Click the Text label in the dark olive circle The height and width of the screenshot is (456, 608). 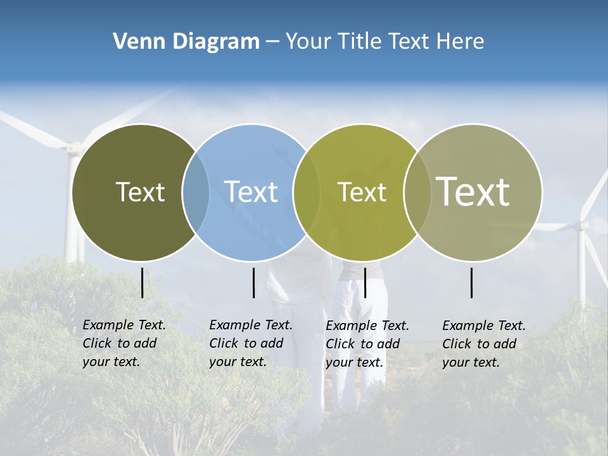click(140, 192)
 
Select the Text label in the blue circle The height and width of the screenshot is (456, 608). click(251, 192)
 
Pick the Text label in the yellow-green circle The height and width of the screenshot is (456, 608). click(362, 192)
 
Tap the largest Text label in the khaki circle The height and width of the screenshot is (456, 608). click(473, 191)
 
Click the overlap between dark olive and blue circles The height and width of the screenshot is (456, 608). click(196, 193)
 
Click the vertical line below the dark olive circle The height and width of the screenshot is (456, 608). click(142, 282)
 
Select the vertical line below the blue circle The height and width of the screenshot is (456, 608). click(253, 282)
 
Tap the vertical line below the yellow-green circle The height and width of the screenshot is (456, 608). click(365, 282)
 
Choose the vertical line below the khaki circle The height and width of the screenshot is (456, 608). click(472, 282)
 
